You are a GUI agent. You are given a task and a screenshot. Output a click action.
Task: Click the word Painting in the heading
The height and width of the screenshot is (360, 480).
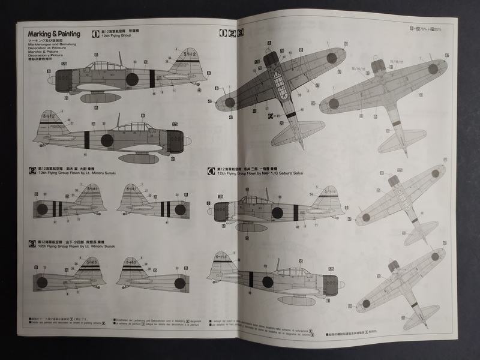(66, 34)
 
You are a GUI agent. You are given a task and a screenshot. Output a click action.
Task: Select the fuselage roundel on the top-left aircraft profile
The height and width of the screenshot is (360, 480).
(131, 78)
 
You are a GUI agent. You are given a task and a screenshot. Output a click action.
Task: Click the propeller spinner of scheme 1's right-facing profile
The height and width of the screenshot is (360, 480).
(188, 142)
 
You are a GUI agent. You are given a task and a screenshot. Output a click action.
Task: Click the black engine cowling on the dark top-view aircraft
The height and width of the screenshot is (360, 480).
(271, 59)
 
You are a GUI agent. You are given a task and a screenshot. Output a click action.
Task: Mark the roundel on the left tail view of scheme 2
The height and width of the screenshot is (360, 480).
(42, 209)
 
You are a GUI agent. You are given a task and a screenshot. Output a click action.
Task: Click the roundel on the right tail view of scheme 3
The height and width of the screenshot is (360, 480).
(180, 283)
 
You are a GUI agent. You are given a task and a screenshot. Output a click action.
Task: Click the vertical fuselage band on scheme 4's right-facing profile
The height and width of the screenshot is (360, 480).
(251, 280)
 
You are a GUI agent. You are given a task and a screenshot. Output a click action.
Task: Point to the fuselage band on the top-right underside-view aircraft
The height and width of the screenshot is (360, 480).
(396, 123)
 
